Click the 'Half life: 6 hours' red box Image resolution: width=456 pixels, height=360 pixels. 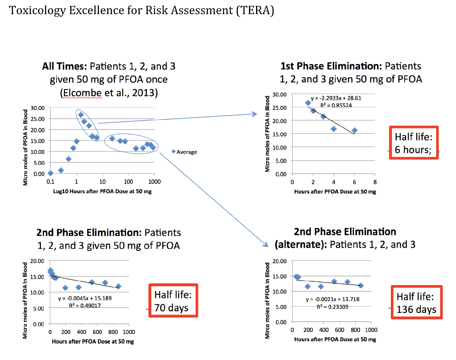coord(413,143)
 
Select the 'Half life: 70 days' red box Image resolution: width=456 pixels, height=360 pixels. coord(173,301)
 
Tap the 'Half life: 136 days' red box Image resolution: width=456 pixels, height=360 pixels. coord(416,303)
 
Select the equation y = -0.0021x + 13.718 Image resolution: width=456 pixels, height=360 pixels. coord(332,300)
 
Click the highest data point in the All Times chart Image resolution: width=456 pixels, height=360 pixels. coord(81,115)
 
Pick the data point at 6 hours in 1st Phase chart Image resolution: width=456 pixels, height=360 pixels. coord(354,130)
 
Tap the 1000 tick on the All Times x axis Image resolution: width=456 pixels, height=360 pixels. coord(154,181)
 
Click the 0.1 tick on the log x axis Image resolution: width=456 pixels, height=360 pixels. coord(50,181)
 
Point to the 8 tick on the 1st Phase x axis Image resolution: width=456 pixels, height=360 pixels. coord(375,182)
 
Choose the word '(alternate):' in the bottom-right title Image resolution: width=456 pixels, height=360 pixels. coord(300,245)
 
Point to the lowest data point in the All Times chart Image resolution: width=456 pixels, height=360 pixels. coord(50,173)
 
